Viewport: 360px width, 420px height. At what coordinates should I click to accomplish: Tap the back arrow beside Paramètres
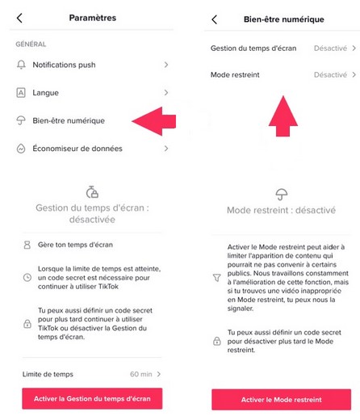(19, 19)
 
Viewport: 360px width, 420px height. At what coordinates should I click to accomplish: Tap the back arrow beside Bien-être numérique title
(214, 19)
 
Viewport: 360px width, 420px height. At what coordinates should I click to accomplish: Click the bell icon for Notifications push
(21, 65)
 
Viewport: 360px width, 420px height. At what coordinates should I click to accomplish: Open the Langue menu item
(45, 93)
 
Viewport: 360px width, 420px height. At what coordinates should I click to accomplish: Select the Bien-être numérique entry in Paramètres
(69, 120)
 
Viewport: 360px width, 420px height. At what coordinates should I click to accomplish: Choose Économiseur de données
(77, 149)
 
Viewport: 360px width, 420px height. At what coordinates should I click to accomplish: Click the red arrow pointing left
(154, 121)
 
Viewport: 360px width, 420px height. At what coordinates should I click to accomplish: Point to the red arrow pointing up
(283, 116)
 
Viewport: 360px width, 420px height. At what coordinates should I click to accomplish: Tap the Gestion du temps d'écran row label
(253, 48)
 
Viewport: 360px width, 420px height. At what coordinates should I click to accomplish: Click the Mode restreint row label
(235, 74)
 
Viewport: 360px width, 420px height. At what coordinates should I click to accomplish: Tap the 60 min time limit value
(141, 374)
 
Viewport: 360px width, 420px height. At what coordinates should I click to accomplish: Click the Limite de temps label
(48, 374)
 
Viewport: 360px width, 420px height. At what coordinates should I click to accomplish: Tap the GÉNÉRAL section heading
(31, 44)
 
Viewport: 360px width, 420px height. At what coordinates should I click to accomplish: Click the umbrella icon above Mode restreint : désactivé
(282, 194)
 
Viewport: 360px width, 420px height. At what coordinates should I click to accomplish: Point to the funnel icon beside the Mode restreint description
(217, 278)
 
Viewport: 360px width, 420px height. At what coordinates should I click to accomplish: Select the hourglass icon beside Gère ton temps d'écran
(27, 245)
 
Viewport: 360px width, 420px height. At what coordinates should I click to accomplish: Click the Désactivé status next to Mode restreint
(330, 74)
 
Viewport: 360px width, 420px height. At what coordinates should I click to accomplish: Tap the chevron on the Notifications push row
(166, 65)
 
